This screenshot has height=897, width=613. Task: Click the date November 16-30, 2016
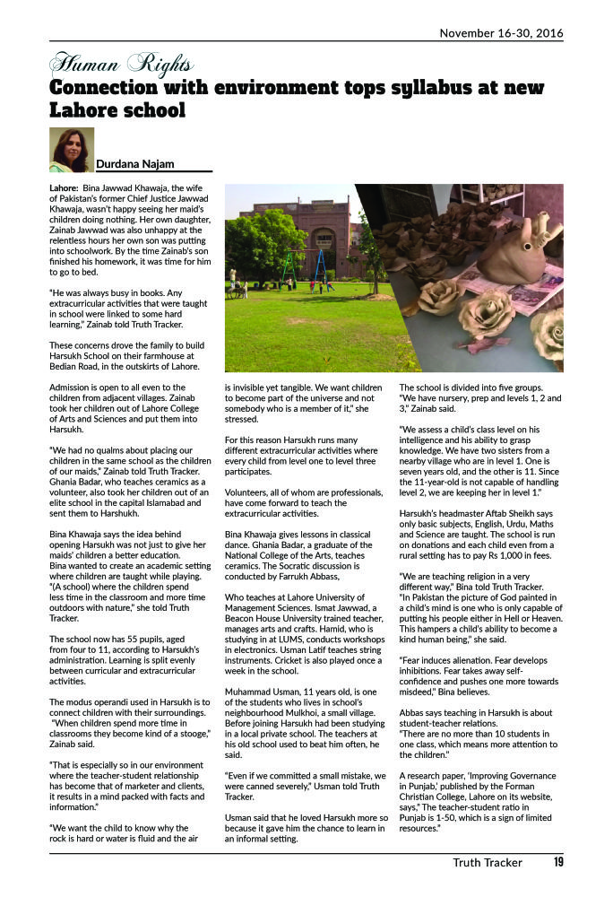[x=500, y=33]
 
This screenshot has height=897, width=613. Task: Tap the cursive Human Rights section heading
[x=121, y=64]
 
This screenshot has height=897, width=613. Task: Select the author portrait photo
[x=71, y=149]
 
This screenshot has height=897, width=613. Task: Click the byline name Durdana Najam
[x=134, y=163]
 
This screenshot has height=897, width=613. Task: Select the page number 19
[x=557, y=864]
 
